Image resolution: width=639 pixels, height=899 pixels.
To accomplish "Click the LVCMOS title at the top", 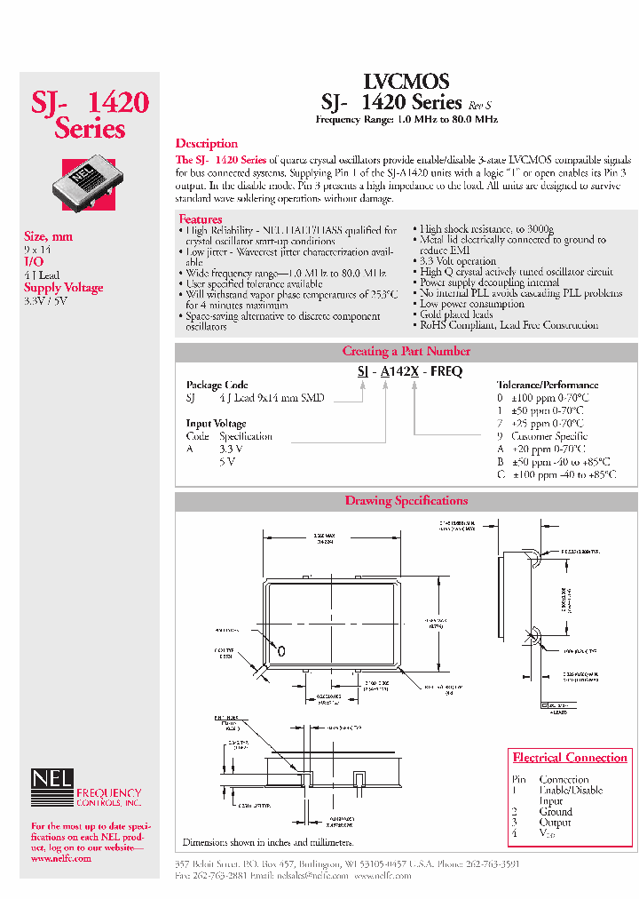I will pos(406,82).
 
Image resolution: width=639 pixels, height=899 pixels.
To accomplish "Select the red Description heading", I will pos(206,144).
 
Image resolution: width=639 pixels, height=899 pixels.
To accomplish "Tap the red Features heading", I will pos(201,219).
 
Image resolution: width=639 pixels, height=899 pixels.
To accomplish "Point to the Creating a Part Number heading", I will pos(406,351).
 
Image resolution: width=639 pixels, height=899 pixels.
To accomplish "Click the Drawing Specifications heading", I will pos(406,501).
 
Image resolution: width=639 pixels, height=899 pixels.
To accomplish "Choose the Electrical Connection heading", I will pos(570,758).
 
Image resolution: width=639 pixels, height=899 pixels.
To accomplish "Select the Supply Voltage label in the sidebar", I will pos(63,288).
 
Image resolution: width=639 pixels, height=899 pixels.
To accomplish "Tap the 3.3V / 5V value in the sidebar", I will pos(45,301).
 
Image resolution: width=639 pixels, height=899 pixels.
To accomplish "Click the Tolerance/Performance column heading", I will pos(547,386).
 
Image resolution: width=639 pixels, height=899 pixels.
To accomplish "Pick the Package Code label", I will pos(217,386).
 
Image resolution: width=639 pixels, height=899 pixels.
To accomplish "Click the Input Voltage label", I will pos(216,424).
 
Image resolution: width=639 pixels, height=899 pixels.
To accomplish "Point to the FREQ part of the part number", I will pos(446,372).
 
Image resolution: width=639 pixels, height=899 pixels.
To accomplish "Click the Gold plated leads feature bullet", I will pos(456,314).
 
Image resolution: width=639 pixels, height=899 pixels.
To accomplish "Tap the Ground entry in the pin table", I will pos(556,811).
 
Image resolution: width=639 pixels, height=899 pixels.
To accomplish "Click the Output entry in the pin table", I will pos(555,823).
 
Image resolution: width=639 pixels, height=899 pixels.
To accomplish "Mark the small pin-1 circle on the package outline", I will pos(282,651).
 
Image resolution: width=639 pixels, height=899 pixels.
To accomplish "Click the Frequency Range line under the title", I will pos(406,119).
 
